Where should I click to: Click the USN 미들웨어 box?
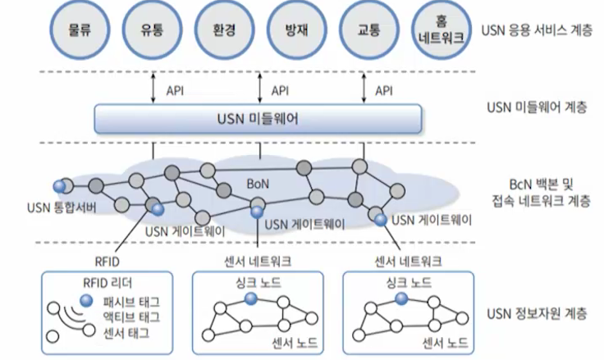click(x=259, y=120)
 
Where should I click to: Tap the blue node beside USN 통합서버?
click(x=58, y=186)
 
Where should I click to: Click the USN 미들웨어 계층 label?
click(x=536, y=107)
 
